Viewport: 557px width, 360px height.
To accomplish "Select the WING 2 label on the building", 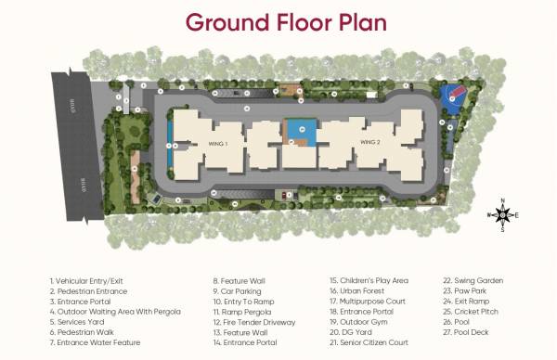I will [x=371, y=142].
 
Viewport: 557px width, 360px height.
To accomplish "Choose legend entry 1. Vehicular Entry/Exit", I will [x=87, y=280].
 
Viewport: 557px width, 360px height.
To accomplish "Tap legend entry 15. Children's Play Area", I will [x=369, y=280].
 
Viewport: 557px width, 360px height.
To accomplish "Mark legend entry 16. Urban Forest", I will [x=357, y=290].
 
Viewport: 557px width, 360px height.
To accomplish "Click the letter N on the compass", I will [x=502, y=201].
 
